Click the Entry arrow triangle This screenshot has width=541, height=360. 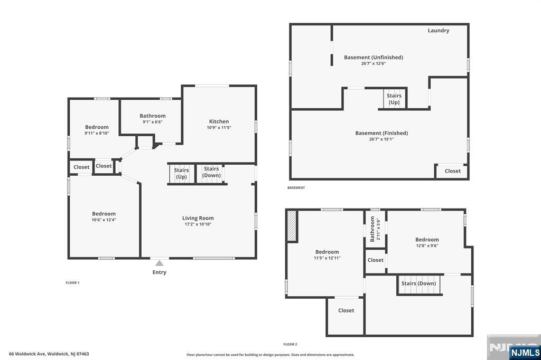click(159, 263)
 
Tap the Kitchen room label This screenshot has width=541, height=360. click(219, 121)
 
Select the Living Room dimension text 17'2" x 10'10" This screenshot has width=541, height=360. click(198, 224)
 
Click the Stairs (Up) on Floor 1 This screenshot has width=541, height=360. click(182, 174)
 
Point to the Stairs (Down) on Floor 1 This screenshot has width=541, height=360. click(211, 174)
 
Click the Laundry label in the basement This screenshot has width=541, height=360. click(439, 30)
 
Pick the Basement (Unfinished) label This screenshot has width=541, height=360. click(374, 57)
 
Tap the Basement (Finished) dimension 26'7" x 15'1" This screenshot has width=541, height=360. click(381, 139)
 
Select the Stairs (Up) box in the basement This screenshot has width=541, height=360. click(394, 99)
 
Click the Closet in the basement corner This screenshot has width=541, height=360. click(452, 171)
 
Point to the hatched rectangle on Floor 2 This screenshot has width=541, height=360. click(292, 226)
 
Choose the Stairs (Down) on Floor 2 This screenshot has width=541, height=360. click(419, 285)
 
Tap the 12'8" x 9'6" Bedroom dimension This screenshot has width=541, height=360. click(427, 246)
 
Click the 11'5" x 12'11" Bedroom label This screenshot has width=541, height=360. click(327, 252)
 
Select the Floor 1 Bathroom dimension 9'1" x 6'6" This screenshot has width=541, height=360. click(153, 122)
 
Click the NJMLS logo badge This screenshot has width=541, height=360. click(525, 352)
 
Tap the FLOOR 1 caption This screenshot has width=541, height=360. click(72, 283)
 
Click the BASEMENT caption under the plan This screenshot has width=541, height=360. click(296, 188)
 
